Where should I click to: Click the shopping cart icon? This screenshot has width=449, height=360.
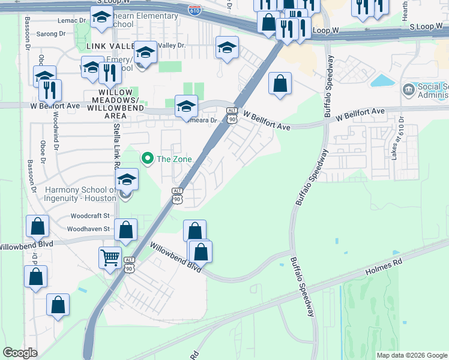110,257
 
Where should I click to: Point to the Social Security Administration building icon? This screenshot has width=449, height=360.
408,89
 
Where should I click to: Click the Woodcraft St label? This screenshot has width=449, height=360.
90,215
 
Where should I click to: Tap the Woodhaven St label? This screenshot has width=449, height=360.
88,229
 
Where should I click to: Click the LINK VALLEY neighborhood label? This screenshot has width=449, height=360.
109,46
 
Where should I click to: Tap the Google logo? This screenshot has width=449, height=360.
20,353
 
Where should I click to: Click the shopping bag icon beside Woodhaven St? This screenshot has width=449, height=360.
126,229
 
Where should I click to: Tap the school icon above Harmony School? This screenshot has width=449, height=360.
127,179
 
